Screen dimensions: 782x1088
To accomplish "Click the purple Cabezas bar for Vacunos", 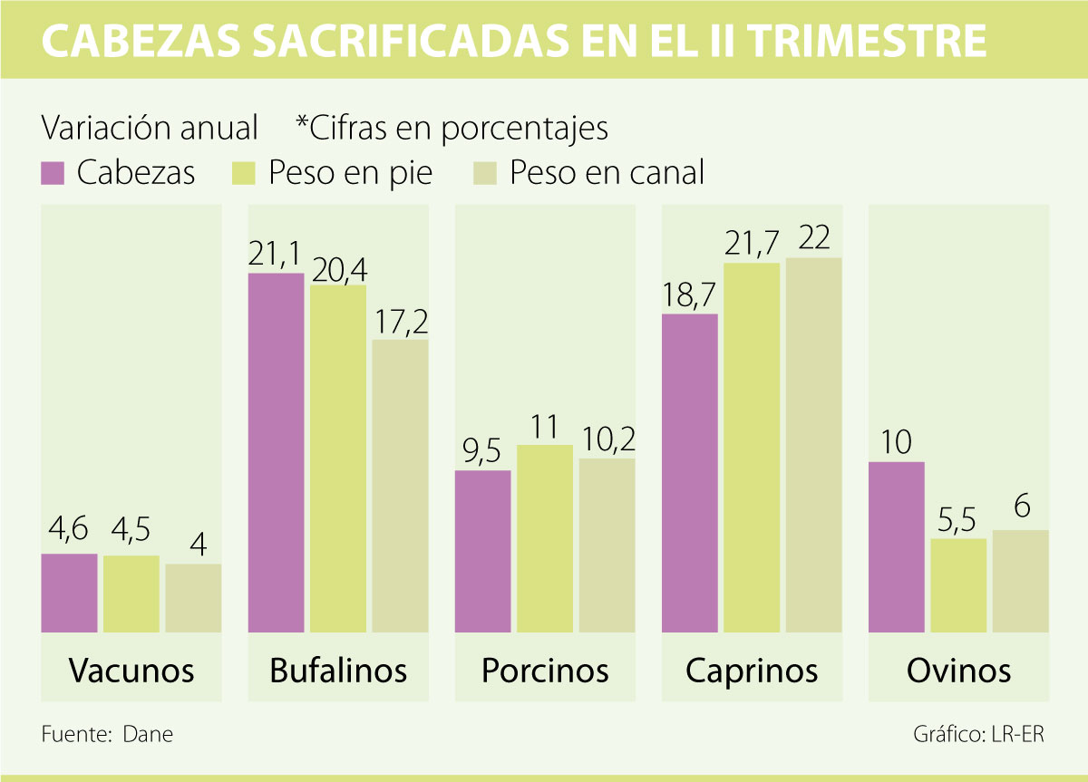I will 69,593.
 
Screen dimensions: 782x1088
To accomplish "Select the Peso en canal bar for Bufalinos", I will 400,486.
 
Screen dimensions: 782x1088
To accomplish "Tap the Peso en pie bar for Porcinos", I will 545,538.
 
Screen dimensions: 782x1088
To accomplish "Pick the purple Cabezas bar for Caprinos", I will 690,472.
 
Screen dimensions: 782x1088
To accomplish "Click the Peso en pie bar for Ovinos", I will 958,585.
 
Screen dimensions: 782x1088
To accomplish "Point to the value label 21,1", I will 276,255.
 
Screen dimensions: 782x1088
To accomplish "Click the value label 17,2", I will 400,322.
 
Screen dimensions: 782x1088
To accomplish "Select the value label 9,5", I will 482,452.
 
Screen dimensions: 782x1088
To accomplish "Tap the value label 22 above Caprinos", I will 814,238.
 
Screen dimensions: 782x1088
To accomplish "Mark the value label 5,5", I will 958,520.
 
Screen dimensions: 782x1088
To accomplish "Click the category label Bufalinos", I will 338,671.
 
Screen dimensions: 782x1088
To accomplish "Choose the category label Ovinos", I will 958,671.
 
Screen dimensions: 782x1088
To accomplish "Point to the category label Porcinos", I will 545,671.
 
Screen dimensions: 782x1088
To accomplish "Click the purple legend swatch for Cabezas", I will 53,172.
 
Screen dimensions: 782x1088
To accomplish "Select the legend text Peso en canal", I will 607,172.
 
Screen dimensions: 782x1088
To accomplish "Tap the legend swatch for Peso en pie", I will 245,172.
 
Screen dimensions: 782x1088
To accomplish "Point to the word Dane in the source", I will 147,734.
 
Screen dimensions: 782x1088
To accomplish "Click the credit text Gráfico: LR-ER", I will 978,734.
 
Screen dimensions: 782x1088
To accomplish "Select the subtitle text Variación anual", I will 150,128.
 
